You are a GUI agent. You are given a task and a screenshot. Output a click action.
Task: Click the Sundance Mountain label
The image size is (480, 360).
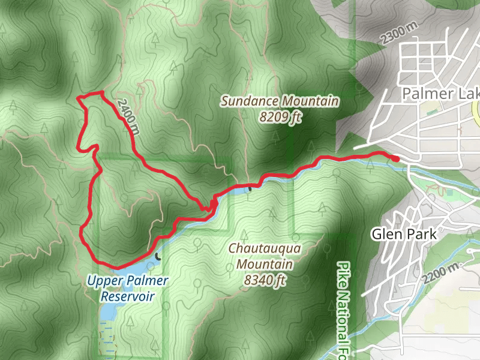coord(280,101)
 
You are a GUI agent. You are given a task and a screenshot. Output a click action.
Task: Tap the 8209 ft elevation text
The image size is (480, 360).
coord(280,117)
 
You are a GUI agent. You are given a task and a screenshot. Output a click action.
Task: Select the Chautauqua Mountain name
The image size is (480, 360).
coord(264,248)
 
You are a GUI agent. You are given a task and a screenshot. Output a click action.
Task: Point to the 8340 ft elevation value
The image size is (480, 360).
coord(264,279)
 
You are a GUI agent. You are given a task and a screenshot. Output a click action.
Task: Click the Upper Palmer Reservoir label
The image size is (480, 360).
coord(127,288)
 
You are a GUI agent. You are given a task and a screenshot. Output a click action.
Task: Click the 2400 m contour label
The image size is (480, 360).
coord(129,116)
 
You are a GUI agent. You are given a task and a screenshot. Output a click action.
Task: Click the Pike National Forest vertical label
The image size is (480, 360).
coord(343,309)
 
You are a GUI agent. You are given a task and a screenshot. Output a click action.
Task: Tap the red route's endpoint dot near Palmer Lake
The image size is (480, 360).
coord(396,158)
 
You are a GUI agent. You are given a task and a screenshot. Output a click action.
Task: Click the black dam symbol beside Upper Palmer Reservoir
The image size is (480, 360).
coord(158,256)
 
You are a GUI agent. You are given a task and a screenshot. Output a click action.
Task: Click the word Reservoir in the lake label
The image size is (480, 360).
coord(127,296)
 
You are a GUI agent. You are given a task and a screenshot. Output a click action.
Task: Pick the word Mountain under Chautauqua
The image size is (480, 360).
coord(264,263)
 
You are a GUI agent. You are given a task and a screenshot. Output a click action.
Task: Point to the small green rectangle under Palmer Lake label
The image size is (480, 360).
coord(431,112)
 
